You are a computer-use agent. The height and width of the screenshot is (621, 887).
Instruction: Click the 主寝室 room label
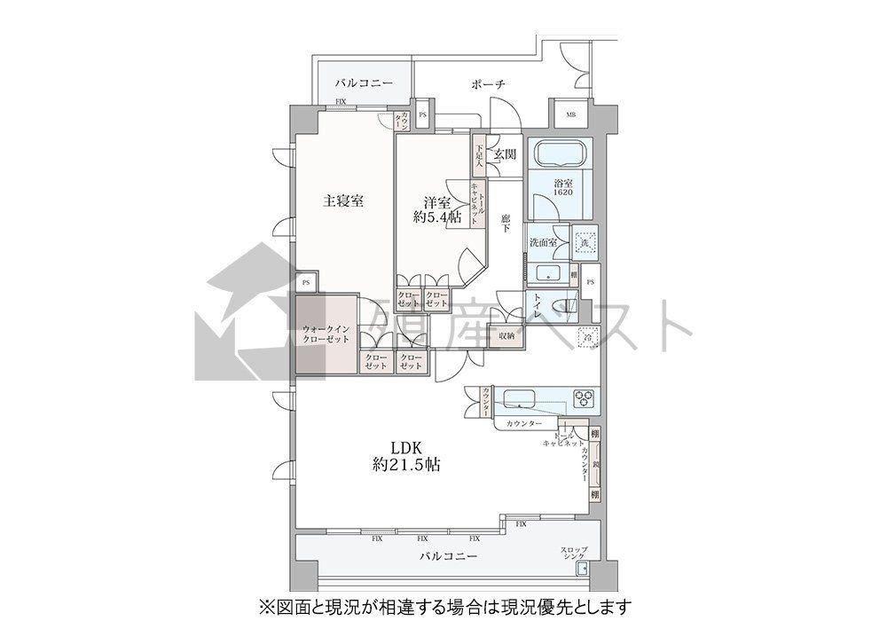343,200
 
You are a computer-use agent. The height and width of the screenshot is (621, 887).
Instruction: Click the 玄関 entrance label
505,154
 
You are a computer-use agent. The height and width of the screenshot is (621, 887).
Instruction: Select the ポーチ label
489,84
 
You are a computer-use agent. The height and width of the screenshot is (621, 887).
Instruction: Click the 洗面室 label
542,242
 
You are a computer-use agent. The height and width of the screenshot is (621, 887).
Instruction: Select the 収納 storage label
506,336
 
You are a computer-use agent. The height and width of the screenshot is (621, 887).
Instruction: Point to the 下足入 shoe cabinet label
478,157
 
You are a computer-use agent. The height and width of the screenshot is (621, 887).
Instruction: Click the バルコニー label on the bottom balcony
449,557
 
